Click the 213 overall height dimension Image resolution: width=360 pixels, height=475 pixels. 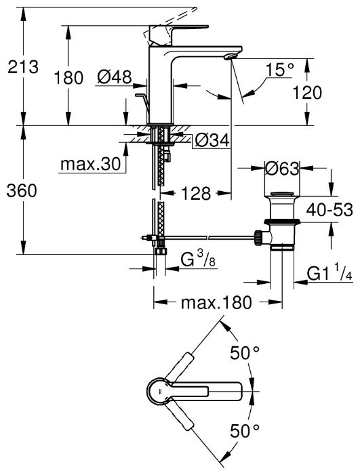pyautogui.click(x=22, y=66)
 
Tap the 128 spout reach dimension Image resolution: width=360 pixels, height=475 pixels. pyautogui.click(x=197, y=193)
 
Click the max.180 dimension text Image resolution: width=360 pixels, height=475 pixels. pyautogui.click(x=216, y=302)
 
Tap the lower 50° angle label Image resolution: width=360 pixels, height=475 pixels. pyautogui.click(x=245, y=430)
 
